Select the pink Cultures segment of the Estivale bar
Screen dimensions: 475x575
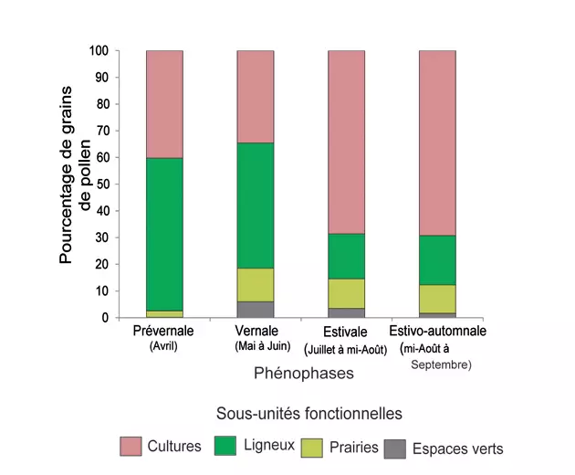click(346, 142)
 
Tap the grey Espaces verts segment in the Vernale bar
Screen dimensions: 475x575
click(255, 310)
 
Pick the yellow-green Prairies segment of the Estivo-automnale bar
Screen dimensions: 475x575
click(437, 299)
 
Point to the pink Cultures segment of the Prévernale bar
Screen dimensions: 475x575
click(164, 104)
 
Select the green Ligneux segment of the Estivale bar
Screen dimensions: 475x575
click(346, 256)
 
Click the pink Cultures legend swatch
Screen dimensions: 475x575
click(134, 447)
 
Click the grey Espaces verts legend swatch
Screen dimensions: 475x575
click(395, 448)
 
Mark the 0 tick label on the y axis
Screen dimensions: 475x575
click(105, 318)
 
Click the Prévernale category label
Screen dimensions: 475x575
click(164, 331)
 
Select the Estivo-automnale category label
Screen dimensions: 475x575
click(437, 331)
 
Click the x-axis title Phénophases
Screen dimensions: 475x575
click(302, 374)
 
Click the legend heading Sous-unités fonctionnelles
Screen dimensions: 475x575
click(308, 414)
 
